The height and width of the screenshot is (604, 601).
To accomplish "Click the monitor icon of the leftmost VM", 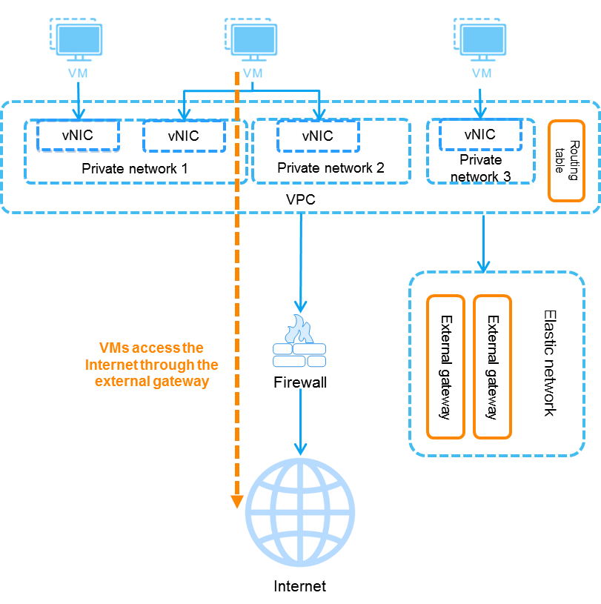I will [x=79, y=42].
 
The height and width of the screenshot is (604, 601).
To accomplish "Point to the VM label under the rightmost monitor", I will [x=482, y=73].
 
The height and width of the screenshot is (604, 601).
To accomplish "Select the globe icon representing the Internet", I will [x=300, y=512].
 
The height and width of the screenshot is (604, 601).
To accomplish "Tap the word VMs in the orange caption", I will [x=113, y=348].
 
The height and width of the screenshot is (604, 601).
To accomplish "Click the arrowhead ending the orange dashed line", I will [x=237, y=502].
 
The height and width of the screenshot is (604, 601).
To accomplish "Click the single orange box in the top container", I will [x=567, y=161].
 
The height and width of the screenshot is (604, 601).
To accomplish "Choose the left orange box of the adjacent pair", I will [x=445, y=367].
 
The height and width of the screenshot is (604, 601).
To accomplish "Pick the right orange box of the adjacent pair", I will [x=492, y=367].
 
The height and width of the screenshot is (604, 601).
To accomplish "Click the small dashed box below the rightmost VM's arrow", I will [x=480, y=135].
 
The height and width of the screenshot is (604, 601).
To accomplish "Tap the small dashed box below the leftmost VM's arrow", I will [x=78, y=136].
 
